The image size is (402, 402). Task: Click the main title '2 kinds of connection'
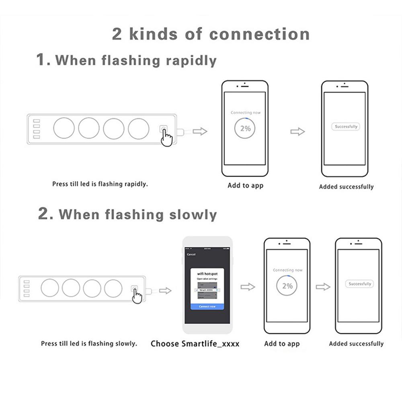[211, 34]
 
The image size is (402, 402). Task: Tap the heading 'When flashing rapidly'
[135, 60]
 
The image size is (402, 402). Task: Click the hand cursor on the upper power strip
[166, 137]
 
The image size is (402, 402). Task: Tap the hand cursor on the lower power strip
[137, 296]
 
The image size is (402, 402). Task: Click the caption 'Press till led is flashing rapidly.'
[100, 184]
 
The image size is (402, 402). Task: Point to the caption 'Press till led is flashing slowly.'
[89, 344]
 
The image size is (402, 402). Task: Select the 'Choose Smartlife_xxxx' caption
[195, 344]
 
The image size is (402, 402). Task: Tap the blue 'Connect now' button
[207, 306]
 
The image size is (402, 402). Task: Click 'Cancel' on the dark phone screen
[191, 254]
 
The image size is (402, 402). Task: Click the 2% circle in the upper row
[245, 128]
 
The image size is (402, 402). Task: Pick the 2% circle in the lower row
[287, 286]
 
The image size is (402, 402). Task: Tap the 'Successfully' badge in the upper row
[346, 127]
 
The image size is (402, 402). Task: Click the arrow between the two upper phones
[297, 131]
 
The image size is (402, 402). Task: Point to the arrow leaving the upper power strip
[200, 131]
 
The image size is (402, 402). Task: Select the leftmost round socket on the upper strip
[64, 128]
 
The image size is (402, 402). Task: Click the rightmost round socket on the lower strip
[113, 288]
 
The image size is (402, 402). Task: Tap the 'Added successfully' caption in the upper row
[346, 187]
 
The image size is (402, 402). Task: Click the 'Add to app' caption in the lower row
[282, 344]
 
